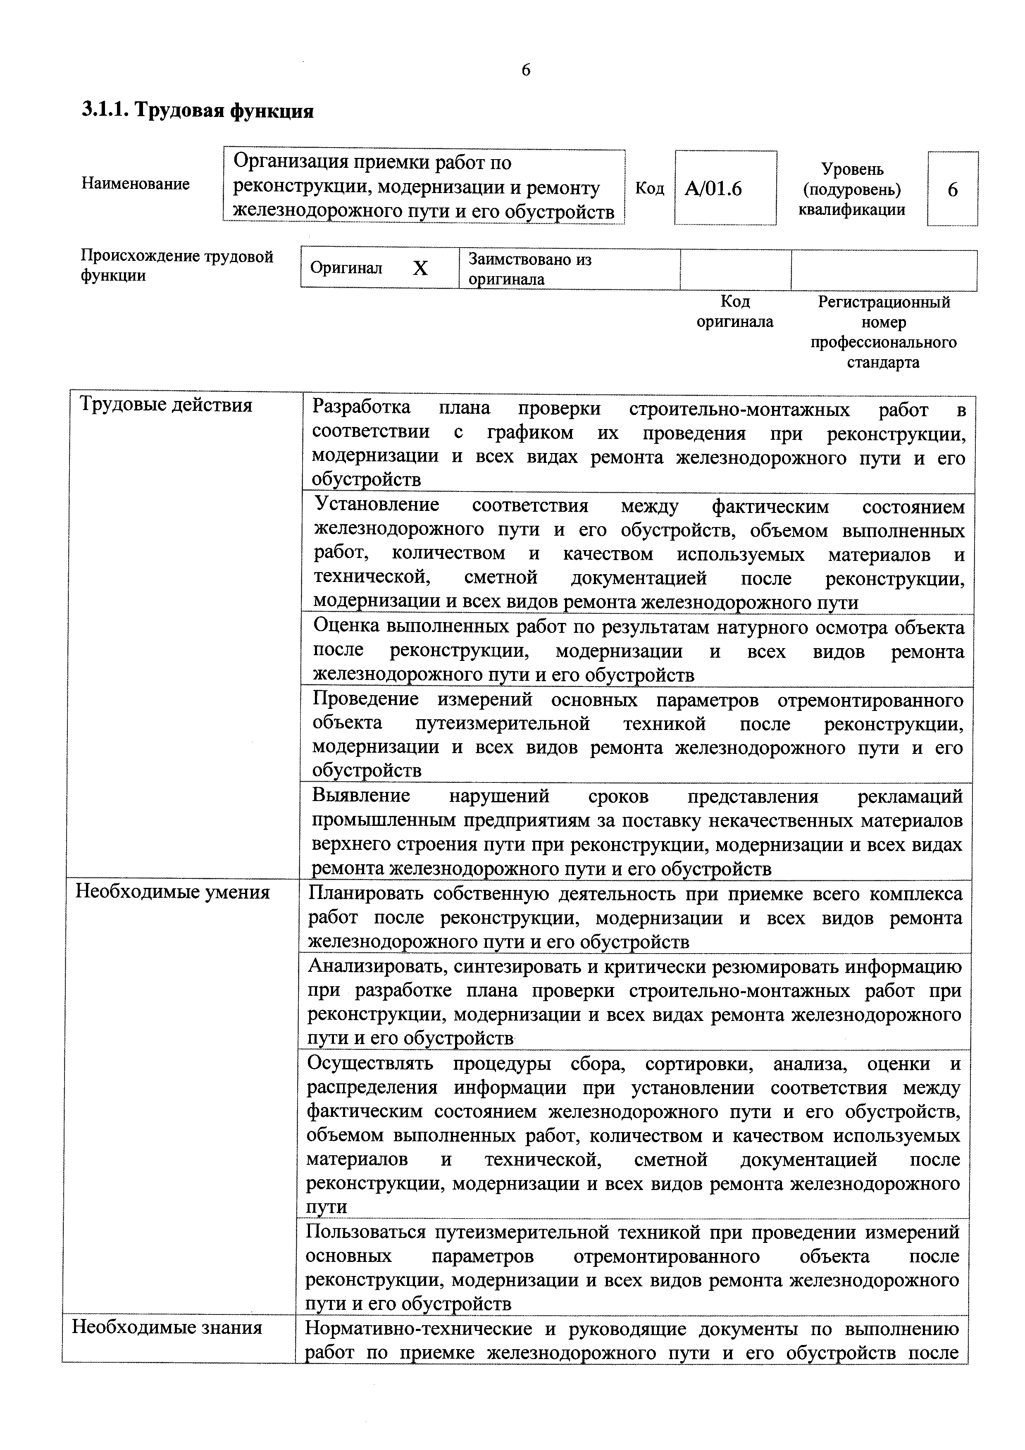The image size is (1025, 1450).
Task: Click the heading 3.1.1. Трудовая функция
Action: (x=198, y=111)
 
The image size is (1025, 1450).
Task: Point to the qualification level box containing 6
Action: (x=952, y=189)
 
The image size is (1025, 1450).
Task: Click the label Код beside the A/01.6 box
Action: (x=649, y=188)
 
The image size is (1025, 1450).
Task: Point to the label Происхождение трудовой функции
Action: (x=177, y=266)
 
